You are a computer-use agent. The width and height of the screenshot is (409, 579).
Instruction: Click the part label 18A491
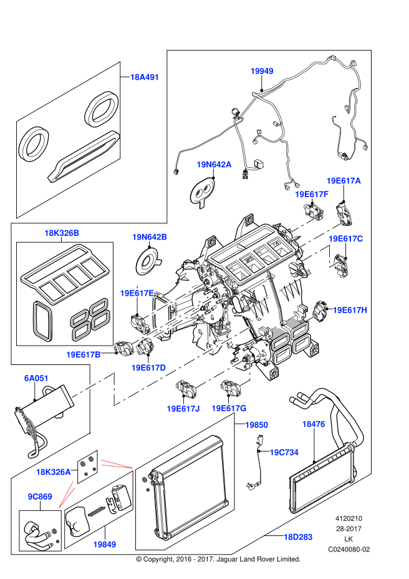point(145,77)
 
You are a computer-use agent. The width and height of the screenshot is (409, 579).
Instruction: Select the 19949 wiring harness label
point(262,71)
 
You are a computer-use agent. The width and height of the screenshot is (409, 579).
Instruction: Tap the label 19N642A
point(214,165)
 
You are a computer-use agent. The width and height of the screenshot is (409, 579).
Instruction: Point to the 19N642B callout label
point(149,237)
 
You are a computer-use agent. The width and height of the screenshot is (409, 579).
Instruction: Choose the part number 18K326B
point(62,233)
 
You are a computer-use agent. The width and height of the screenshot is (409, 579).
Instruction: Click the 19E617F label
point(311,194)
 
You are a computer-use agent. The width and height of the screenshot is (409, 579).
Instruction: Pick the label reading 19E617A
point(344,180)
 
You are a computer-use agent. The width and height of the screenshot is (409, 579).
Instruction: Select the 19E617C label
point(345,238)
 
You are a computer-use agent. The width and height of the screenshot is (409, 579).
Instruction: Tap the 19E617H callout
point(350,309)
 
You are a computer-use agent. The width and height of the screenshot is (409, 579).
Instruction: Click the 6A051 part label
point(36,378)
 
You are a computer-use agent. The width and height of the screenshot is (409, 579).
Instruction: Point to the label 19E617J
point(183,408)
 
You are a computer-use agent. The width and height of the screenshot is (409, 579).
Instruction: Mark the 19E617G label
point(229,408)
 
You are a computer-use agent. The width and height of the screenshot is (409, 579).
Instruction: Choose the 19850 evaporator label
point(256,424)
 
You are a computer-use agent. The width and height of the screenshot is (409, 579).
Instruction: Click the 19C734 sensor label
point(285,452)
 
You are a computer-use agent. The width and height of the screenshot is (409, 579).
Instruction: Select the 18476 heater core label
point(314,424)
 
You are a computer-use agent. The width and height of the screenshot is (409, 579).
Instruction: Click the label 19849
point(105,544)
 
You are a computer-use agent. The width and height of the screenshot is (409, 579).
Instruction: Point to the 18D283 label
point(298,537)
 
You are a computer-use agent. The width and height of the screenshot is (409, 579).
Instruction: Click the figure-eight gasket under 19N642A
point(203,192)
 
